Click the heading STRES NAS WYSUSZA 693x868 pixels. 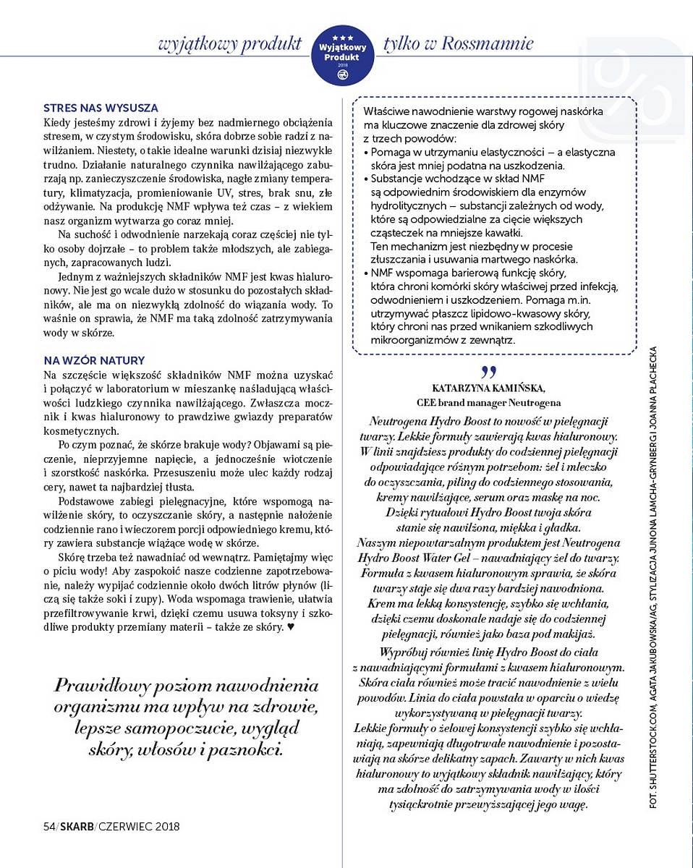[x=101, y=109]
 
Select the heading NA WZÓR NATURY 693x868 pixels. [x=94, y=360]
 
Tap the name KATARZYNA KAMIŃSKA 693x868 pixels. [x=489, y=388]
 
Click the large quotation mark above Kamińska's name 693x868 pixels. [x=489, y=372]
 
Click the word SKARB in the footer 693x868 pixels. [x=77, y=826]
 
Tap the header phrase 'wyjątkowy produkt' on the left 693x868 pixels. [x=230, y=43]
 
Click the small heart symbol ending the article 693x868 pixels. [x=291, y=627]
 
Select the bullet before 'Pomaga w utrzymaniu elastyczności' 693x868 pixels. [x=366, y=153]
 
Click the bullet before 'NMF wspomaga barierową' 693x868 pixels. [x=366, y=273]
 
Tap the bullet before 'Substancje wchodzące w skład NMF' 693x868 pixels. [x=366, y=178]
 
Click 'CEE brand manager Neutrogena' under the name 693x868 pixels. [x=489, y=402]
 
